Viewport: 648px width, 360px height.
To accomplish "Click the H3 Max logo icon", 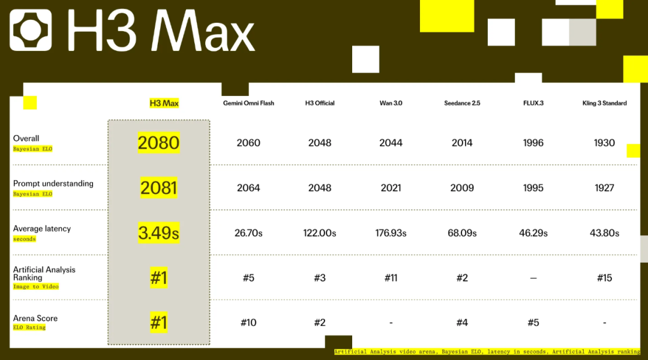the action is click(x=31, y=30).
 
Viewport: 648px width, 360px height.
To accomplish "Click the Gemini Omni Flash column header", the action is click(x=248, y=103).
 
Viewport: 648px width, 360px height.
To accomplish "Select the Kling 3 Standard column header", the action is click(x=604, y=103).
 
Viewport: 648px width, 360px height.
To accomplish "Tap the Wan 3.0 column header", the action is click(x=391, y=103).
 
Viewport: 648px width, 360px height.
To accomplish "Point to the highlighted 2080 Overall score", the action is click(x=158, y=143).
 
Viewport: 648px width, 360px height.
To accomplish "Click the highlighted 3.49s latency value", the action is click(x=158, y=233).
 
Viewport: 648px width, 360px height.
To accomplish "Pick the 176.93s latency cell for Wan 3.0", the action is click(x=391, y=233).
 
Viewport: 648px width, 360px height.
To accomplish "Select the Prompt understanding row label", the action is click(x=53, y=184).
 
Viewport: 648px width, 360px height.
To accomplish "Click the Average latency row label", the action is click(x=42, y=229).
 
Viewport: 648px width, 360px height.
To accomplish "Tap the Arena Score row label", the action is click(x=35, y=318).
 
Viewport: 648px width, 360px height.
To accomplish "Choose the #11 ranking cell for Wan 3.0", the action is click(x=391, y=278).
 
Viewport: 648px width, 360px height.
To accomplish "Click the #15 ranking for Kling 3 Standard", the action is click(x=604, y=278).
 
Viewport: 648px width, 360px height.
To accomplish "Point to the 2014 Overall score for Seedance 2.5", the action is click(x=462, y=143).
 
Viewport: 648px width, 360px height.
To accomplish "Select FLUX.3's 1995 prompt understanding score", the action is click(x=533, y=188).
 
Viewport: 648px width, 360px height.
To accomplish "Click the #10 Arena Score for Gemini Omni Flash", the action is click(x=248, y=322).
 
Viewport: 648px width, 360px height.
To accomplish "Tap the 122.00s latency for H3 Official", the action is click(x=319, y=233).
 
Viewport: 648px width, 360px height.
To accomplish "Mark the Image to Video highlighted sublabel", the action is click(x=36, y=286).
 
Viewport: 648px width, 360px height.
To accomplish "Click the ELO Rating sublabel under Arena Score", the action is click(x=29, y=328).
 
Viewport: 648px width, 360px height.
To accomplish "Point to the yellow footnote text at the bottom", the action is click(x=487, y=352).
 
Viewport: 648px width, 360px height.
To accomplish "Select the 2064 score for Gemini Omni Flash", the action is click(x=248, y=188).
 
